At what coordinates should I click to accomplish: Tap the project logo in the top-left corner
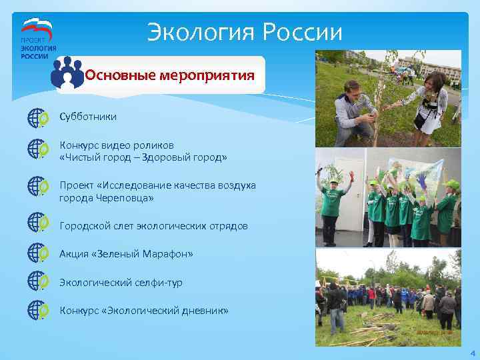point(39,39)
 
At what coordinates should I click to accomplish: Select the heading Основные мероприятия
point(170,75)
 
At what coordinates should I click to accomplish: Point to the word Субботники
point(88,117)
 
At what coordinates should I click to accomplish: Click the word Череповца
point(123,198)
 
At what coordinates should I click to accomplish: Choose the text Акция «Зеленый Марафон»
point(126,254)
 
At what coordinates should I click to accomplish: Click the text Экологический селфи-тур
point(121,283)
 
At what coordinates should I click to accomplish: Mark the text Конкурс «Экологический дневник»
point(144,311)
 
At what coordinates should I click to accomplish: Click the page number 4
point(472,353)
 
